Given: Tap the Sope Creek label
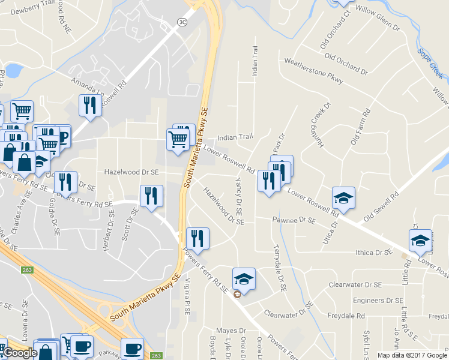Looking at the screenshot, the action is pos(430,64).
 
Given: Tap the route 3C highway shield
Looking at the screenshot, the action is pos(182,22).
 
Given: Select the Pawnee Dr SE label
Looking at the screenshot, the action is pos(294,221).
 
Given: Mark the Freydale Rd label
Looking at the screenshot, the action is pos(346,315).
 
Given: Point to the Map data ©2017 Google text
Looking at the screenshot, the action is pos(412,355).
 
